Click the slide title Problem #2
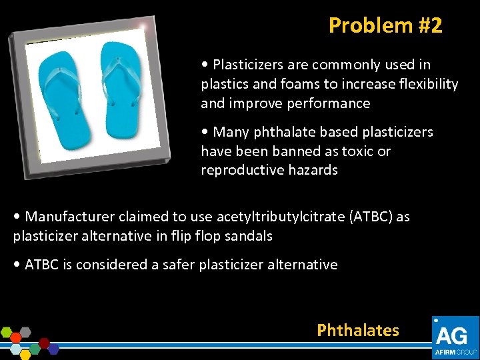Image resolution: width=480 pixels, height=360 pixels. pos(385,25)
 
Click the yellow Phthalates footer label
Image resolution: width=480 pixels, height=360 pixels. pos(358,330)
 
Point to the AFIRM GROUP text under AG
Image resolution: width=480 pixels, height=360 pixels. pos(455,351)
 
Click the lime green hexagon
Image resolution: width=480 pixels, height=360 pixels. pos(7,331)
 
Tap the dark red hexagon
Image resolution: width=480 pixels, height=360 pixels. pos(45,343)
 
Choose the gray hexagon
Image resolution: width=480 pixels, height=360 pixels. pos(25,331)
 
